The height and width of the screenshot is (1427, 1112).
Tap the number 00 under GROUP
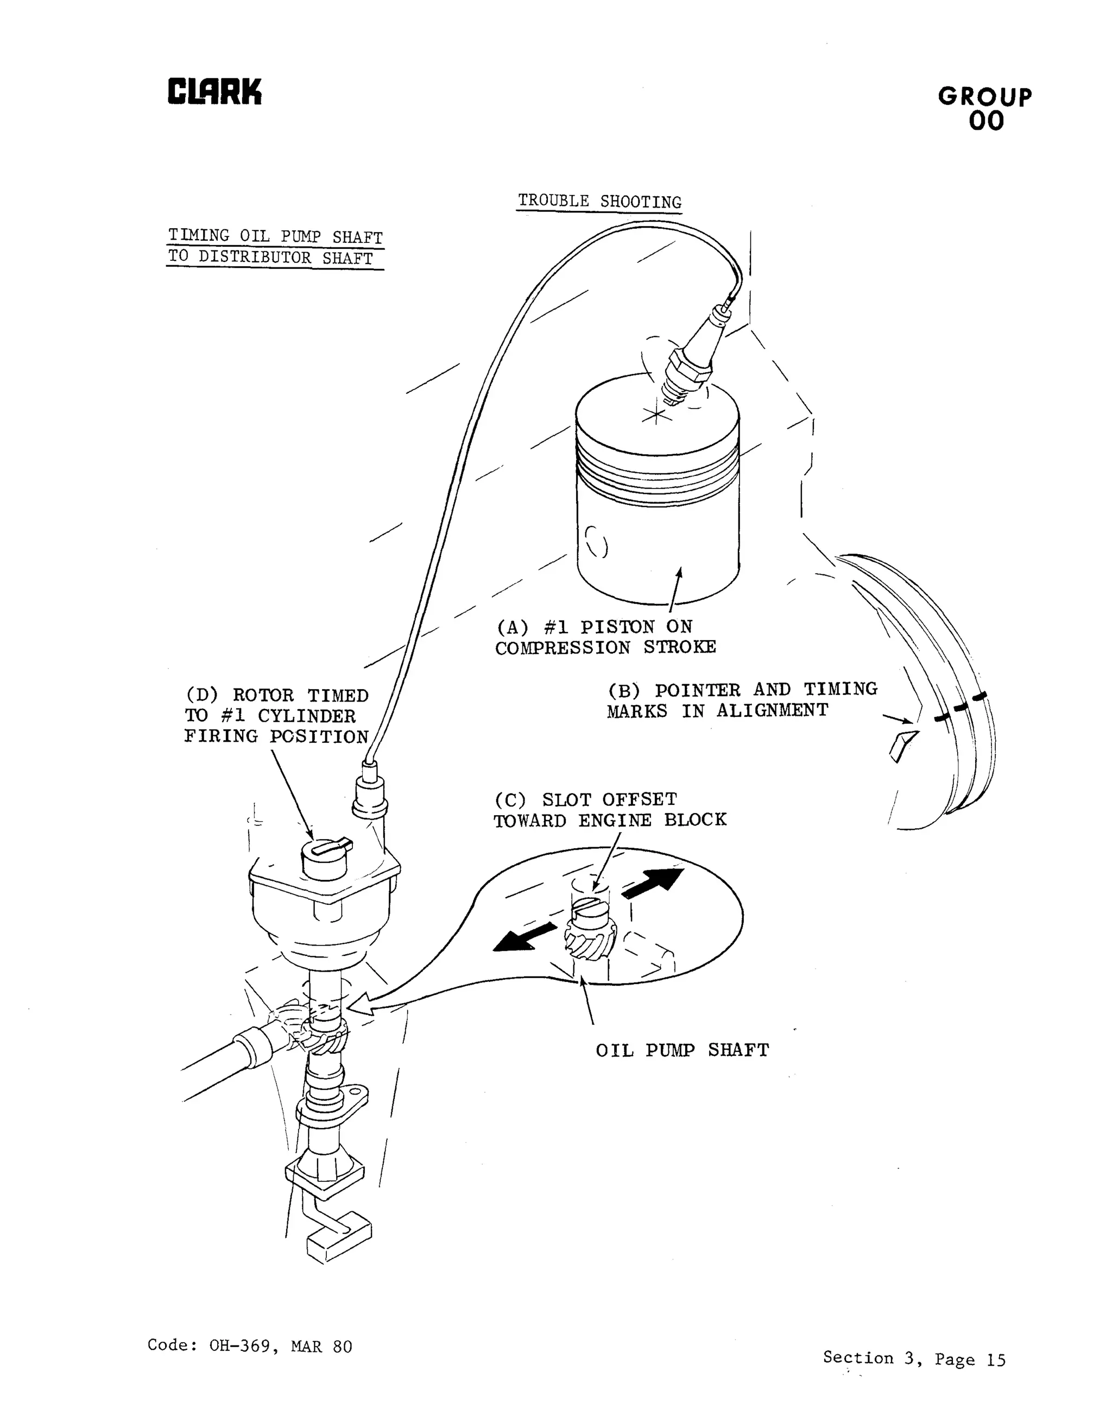(986, 121)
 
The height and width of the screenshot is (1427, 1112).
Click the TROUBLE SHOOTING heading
(599, 201)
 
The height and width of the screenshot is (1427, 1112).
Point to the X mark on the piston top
(654, 414)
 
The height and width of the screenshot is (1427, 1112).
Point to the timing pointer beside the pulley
(903, 746)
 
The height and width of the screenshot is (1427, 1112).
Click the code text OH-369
(238, 1347)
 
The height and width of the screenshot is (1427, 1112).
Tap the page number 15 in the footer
(996, 1360)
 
